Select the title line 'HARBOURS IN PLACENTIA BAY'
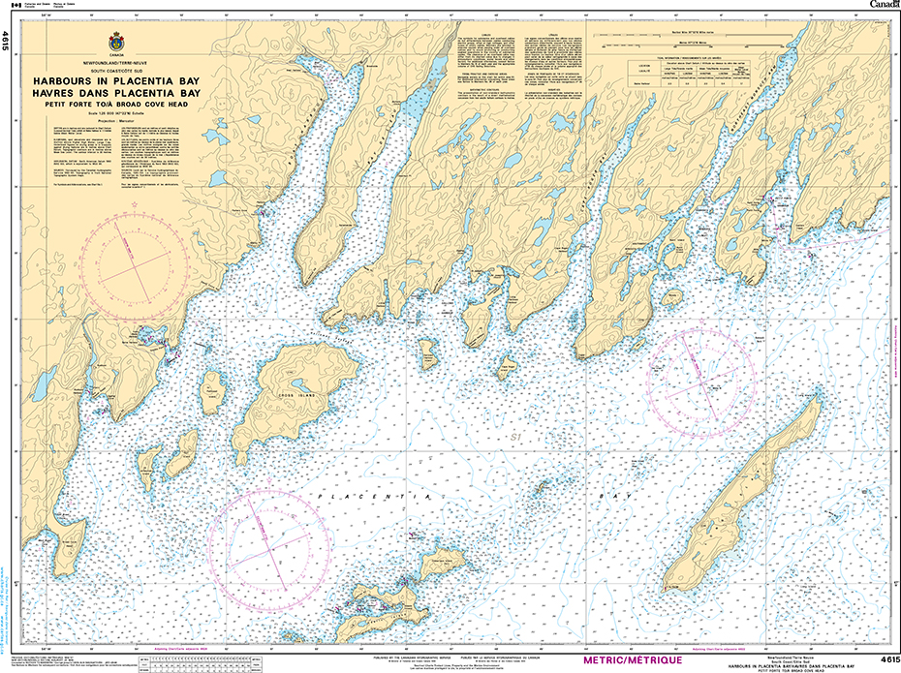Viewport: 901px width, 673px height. coord(117,82)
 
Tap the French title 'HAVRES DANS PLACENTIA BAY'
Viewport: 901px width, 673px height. coord(117,93)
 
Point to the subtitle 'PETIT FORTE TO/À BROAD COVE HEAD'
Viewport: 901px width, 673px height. coord(117,104)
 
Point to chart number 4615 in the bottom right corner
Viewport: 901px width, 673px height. coord(885,659)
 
